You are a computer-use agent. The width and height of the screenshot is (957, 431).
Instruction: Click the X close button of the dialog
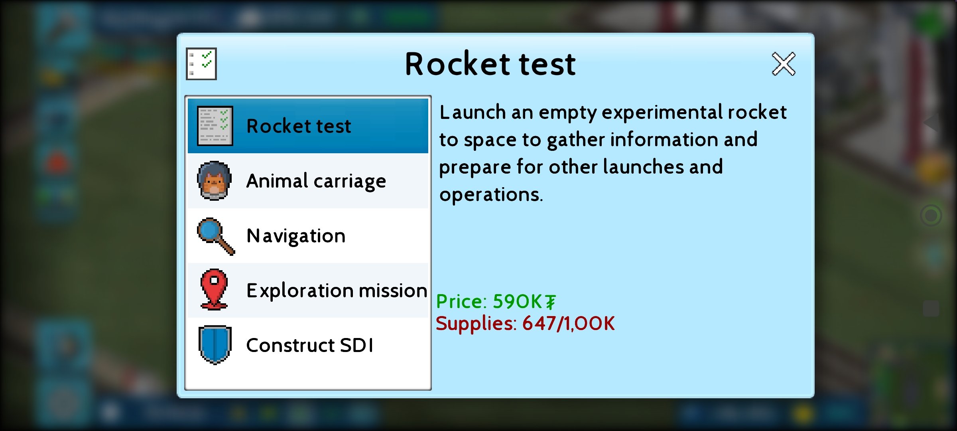784,64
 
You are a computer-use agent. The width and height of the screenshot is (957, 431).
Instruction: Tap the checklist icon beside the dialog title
201,64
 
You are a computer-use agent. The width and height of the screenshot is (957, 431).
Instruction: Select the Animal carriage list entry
308,181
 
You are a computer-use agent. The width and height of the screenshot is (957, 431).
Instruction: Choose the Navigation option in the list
308,235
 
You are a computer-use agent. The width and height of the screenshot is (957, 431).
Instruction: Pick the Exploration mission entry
308,290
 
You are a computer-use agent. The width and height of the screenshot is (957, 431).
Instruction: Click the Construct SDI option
308,345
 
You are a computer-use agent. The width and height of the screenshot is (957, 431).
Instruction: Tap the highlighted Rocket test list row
308,126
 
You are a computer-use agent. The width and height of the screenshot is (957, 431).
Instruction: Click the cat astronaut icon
215,181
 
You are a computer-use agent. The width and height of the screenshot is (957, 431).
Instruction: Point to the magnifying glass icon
216,236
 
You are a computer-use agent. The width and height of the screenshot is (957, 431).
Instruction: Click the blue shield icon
215,345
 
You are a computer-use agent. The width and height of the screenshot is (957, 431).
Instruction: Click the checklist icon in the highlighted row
215,126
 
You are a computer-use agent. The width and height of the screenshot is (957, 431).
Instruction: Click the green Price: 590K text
496,301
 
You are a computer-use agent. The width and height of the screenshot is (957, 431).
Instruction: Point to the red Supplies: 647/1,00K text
525,323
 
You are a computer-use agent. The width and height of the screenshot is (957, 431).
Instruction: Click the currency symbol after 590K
551,302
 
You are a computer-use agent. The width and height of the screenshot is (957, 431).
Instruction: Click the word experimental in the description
662,113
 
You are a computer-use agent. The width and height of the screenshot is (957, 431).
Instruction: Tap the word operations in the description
491,195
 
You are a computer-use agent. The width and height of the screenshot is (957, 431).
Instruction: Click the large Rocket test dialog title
490,64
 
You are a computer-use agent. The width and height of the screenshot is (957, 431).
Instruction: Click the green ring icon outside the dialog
931,216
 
